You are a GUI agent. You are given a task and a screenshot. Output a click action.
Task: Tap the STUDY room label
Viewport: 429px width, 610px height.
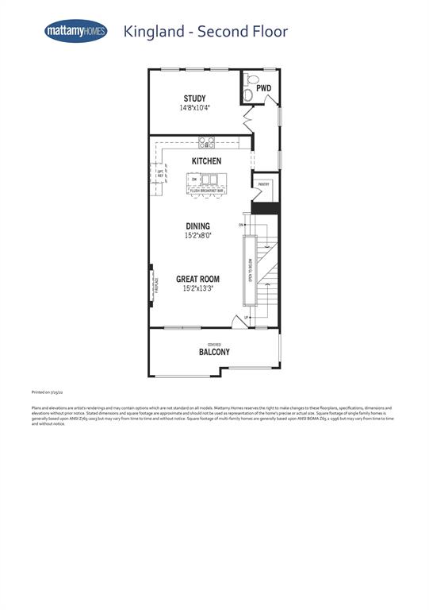(194, 98)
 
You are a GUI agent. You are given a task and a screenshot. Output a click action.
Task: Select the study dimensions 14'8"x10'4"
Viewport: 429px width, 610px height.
(194, 107)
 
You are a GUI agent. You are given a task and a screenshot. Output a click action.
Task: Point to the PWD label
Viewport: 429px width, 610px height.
(263, 88)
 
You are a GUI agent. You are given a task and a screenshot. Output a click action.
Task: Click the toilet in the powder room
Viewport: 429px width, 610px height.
(250, 79)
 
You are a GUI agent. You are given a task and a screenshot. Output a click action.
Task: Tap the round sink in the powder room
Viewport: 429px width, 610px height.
(248, 95)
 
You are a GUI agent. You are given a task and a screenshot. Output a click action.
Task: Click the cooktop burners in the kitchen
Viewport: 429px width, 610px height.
(206, 143)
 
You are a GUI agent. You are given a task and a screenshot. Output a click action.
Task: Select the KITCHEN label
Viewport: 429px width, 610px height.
(205, 161)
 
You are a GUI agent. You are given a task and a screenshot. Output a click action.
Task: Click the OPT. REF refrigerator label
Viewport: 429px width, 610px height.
(159, 174)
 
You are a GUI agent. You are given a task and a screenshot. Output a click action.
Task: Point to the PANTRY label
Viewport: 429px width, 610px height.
(264, 183)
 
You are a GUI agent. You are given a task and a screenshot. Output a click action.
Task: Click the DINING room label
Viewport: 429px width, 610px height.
(198, 226)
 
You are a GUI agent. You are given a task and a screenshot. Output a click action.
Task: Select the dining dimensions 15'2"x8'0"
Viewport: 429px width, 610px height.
(198, 235)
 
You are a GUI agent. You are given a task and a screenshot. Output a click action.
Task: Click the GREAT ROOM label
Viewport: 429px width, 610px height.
(197, 280)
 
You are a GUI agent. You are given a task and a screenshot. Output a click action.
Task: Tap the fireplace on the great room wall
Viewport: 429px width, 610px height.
(152, 284)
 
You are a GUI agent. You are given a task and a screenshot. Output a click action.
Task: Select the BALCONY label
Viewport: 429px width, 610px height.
(214, 352)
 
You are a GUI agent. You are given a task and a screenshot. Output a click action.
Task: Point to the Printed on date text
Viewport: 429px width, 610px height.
(48, 392)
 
